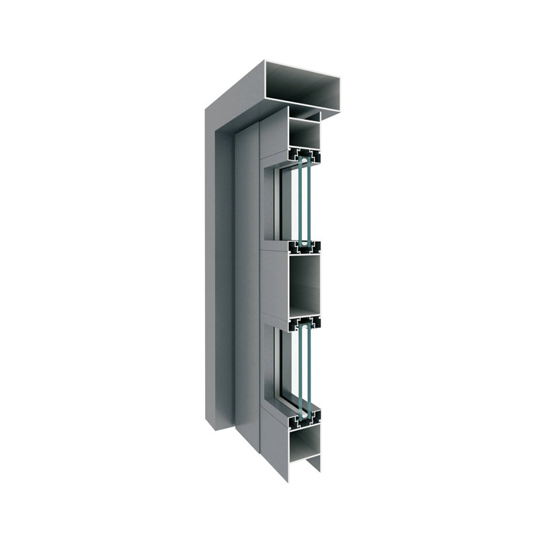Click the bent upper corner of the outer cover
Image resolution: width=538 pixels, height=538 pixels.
click(x=222, y=101)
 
